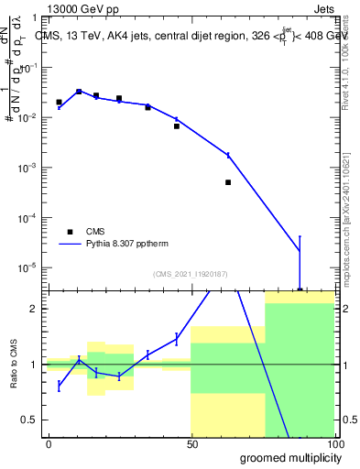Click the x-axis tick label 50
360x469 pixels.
coord(191,443)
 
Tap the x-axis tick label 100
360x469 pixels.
coord(334,443)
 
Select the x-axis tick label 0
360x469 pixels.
coord(49,443)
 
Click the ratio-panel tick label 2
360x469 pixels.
coord(34,309)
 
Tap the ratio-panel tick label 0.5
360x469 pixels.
coord(30,420)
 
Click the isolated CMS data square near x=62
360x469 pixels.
coord(228,182)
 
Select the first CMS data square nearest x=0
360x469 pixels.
coord(59,103)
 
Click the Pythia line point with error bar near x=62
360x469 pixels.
coord(228,155)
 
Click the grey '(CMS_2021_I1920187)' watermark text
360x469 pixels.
coord(191,273)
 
